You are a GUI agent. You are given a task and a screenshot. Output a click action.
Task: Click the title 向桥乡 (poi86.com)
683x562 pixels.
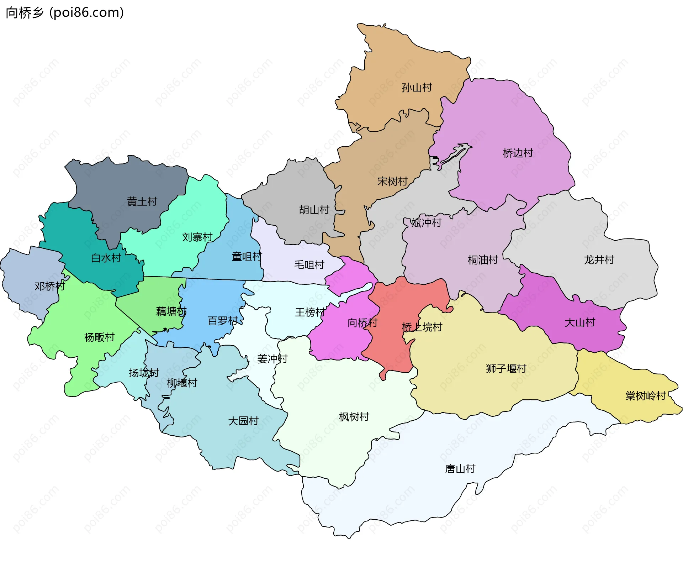pyautogui.click(x=65, y=13)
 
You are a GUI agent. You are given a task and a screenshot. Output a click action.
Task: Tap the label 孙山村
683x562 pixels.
pyautogui.click(x=417, y=88)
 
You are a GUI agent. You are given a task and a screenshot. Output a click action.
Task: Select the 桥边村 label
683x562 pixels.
pyautogui.click(x=518, y=153)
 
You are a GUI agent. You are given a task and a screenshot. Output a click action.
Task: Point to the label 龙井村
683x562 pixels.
pyautogui.click(x=599, y=260)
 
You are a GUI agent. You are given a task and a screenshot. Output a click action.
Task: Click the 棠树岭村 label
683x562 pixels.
pyautogui.click(x=645, y=396)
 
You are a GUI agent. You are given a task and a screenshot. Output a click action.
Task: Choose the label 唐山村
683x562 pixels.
pyautogui.click(x=460, y=469)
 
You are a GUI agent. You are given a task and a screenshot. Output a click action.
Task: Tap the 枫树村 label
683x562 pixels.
pyautogui.click(x=354, y=417)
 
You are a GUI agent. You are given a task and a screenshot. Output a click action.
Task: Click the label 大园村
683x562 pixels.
pyautogui.click(x=243, y=421)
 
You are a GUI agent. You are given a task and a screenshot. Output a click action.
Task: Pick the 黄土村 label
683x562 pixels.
pyautogui.click(x=142, y=202)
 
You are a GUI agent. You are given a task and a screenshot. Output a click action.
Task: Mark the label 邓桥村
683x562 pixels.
pyautogui.click(x=50, y=286)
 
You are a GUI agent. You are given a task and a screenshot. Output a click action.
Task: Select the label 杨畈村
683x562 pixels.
pyautogui.click(x=99, y=337)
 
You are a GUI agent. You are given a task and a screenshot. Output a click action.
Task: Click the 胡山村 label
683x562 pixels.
pyautogui.click(x=314, y=210)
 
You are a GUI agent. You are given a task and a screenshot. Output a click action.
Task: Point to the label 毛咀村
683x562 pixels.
pyautogui.click(x=309, y=265)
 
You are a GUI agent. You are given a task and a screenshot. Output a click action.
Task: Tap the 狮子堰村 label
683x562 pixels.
pyautogui.click(x=506, y=368)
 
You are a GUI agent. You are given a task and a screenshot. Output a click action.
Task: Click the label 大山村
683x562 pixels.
pyautogui.click(x=580, y=323)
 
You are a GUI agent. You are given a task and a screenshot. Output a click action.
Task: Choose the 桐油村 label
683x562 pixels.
pyautogui.click(x=483, y=260)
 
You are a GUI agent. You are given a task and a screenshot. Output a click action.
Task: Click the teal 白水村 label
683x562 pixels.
pyautogui.click(x=106, y=258)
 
